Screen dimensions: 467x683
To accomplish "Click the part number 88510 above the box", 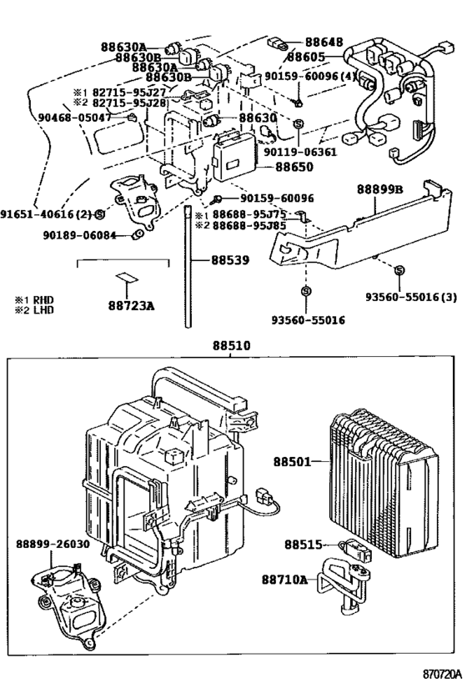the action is point(231,346).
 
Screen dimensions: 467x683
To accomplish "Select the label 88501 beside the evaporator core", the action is point(293,462).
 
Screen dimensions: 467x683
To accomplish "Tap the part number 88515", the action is point(304,545).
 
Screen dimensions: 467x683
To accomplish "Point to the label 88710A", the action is point(284,580).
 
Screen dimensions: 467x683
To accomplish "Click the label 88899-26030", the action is point(53,545).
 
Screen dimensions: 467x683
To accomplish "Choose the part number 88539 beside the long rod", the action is point(230,260).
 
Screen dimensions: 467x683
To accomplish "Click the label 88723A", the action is point(131,306).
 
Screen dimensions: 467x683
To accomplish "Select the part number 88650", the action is point(294,167).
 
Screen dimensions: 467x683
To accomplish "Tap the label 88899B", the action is point(380,189).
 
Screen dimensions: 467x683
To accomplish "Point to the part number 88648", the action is point(324,42).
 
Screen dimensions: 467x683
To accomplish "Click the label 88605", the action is point(306,57).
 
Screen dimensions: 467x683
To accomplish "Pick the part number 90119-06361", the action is point(300,152).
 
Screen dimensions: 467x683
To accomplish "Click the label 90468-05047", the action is point(74,118).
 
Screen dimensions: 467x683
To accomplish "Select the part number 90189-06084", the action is point(80,236).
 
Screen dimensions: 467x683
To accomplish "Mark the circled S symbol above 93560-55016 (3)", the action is point(399,271).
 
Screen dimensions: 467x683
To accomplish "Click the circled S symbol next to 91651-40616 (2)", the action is point(99,213).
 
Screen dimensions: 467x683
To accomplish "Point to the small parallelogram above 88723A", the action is point(127,277).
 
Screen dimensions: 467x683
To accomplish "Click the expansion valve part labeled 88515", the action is point(355,550).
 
